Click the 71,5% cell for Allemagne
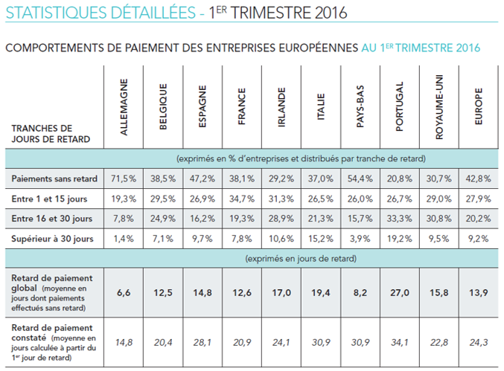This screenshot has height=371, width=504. pyautogui.click(x=124, y=179)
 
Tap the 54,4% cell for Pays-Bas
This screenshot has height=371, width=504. pyautogui.click(x=360, y=179)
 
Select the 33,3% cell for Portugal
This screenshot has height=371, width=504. pyautogui.click(x=399, y=218)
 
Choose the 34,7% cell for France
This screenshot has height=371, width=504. pyautogui.click(x=241, y=199)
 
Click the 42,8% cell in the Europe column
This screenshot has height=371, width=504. pyautogui.click(x=478, y=179)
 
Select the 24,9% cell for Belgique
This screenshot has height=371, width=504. pyautogui.click(x=163, y=218)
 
